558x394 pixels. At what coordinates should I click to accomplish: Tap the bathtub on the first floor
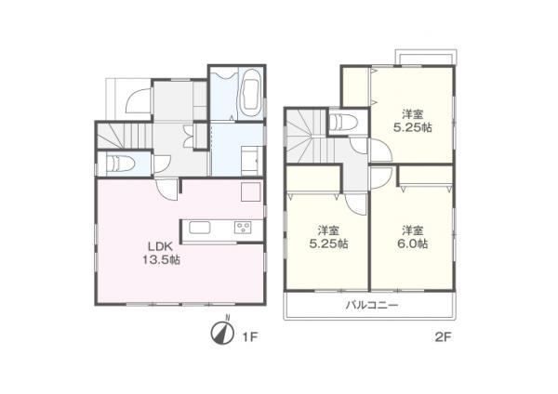250,93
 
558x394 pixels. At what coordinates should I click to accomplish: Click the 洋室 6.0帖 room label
414,236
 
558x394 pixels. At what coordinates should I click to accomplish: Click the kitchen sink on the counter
200,227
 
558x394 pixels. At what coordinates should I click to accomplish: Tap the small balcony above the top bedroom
425,57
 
